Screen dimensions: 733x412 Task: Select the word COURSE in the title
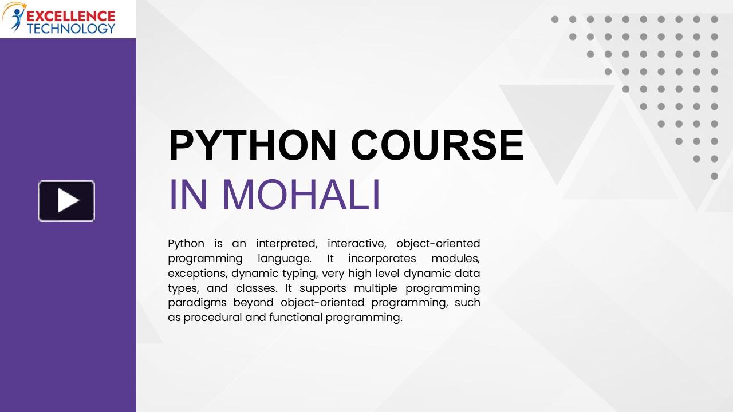pyautogui.click(x=437, y=145)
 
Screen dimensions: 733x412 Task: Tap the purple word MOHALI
pyautogui.click(x=301, y=195)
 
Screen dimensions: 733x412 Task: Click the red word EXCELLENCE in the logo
pyautogui.click(x=71, y=17)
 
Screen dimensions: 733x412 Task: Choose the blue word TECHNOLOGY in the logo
pyautogui.click(x=71, y=29)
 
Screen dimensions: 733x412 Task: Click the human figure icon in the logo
pyautogui.click(x=17, y=19)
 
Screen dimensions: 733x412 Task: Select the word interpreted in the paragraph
pyautogui.click(x=286, y=244)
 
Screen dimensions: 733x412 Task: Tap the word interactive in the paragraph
pyautogui.click(x=357, y=244)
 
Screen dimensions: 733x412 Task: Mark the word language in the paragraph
pyautogui.click(x=285, y=259)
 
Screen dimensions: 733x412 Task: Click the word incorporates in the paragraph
pyautogui.click(x=382, y=259)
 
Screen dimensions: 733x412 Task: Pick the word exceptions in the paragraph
pyautogui.click(x=198, y=274)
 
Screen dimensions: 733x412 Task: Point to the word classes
pyautogui.click(x=257, y=288)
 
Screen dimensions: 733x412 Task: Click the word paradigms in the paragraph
pyautogui.click(x=197, y=303)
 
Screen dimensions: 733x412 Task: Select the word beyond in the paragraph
pyautogui.click(x=253, y=303)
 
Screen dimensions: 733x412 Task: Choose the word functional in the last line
pyautogui.click(x=296, y=318)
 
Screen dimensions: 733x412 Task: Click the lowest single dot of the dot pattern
pyautogui.click(x=714, y=176)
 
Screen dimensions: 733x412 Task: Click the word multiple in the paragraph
pyautogui.click(x=375, y=288)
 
